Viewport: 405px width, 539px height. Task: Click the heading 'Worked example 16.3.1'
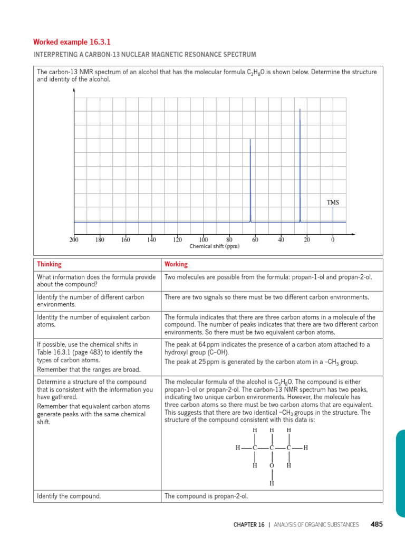65,42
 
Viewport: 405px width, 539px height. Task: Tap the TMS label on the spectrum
333,203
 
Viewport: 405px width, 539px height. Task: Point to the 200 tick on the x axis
74,240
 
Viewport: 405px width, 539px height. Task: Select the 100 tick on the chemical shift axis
203,240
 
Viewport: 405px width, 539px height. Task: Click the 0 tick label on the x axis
333,240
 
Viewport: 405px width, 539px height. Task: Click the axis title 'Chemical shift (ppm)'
214,246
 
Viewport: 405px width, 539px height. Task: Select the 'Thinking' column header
49,264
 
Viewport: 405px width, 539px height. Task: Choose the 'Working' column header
176,264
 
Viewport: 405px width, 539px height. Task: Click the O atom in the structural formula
272,466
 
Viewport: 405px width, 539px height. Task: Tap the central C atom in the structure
272,448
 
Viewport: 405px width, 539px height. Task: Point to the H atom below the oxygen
272,483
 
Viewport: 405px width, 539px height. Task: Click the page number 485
377,524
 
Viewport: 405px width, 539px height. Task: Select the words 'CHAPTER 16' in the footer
249,525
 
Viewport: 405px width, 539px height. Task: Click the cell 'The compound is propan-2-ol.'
206,496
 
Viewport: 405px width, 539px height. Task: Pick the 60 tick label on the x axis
255,240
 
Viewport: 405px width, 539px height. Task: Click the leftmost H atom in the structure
238,448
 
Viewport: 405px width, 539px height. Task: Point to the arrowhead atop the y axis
74,90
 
